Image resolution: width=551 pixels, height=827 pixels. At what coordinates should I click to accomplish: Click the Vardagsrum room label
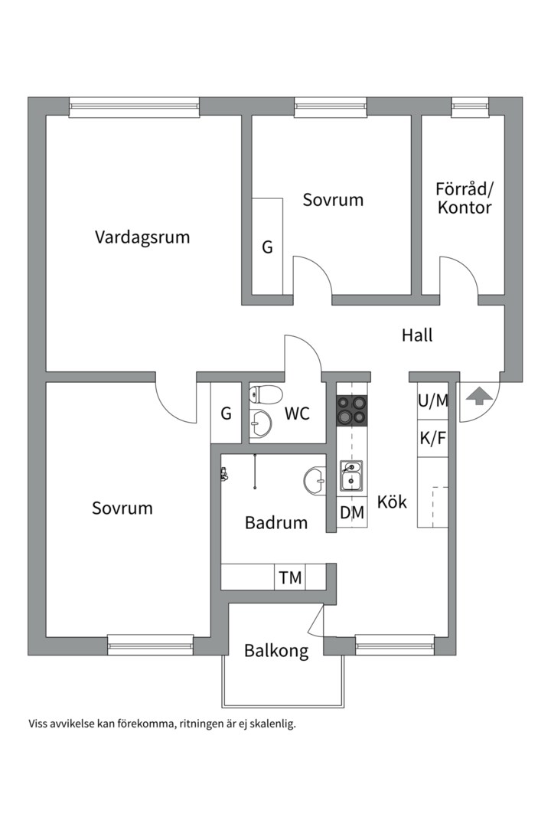[x=142, y=237]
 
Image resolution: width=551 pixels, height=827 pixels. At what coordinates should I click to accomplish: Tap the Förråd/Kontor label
[x=465, y=198]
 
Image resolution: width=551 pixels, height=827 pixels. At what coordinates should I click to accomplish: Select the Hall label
[x=417, y=335]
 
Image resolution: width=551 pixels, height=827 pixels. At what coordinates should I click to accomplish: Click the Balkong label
[x=276, y=651]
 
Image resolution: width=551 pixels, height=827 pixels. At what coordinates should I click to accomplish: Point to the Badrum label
[x=276, y=523]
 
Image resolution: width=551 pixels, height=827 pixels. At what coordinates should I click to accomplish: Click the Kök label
[x=392, y=502]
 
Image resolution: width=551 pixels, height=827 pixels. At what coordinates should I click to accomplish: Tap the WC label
[x=297, y=413]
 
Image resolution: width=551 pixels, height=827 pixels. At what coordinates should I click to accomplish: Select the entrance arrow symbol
[x=478, y=397]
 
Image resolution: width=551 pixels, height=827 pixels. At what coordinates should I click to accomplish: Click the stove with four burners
[x=352, y=410]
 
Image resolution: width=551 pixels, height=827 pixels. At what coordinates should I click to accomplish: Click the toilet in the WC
[x=266, y=395]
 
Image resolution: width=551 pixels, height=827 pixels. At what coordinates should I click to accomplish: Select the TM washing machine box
[x=290, y=577]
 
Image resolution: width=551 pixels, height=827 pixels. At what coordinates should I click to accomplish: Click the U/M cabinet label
[x=433, y=400]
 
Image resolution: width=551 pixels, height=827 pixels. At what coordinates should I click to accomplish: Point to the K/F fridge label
[x=433, y=439]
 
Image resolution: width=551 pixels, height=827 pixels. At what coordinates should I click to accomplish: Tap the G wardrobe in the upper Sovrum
[x=267, y=247]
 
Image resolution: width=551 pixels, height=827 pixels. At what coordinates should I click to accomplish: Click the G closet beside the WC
[x=226, y=413]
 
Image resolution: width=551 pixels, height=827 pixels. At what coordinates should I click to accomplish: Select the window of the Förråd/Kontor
[x=470, y=107]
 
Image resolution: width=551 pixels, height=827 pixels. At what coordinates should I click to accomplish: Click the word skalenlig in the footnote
[x=269, y=723]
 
